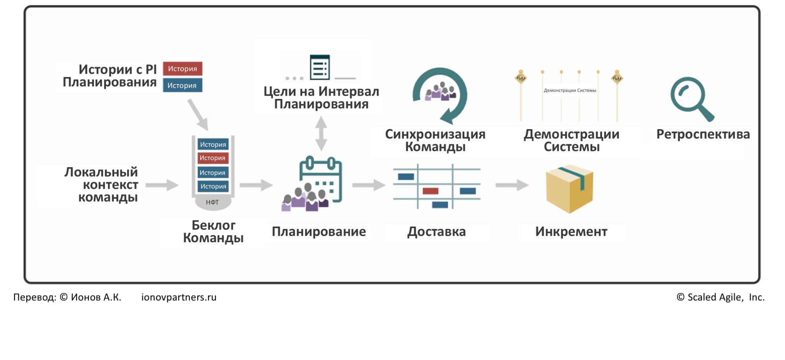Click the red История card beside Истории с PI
tap(183, 69)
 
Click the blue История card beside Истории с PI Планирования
tap(183, 86)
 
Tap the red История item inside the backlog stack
tap(213, 158)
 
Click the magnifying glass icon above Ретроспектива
tap(692, 98)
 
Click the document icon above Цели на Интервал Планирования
tap(320, 68)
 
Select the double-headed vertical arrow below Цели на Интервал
tap(321, 134)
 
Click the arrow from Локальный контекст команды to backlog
tap(162, 185)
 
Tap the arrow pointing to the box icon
tap(512, 185)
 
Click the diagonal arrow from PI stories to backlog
tap(198, 114)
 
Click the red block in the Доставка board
tap(431, 191)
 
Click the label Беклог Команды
tap(213, 232)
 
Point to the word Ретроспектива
tap(703, 134)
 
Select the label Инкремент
tap(571, 232)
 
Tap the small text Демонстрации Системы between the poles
tap(570, 91)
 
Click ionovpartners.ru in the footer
tap(179, 297)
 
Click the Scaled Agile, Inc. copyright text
tap(721, 297)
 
